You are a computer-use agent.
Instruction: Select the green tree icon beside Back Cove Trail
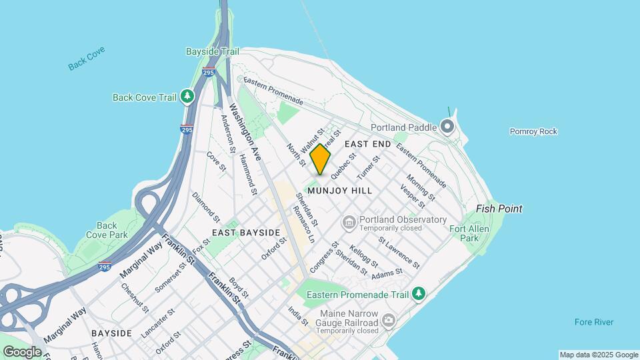tap(188, 97)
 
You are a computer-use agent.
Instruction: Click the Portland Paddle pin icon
tap(447, 127)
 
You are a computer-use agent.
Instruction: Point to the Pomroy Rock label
tap(533, 131)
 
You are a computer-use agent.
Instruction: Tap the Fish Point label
tap(499, 209)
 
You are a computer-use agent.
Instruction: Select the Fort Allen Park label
tap(464, 233)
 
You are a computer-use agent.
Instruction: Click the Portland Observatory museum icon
tap(349, 220)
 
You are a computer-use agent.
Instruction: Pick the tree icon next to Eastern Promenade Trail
tap(419, 293)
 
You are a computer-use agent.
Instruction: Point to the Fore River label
tap(594, 323)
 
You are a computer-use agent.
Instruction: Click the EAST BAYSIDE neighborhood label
tap(246, 233)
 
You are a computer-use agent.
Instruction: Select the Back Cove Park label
tap(107, 230)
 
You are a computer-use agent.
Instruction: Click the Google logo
tap(22, 351)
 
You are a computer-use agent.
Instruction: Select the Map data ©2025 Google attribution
tap(599, 355)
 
